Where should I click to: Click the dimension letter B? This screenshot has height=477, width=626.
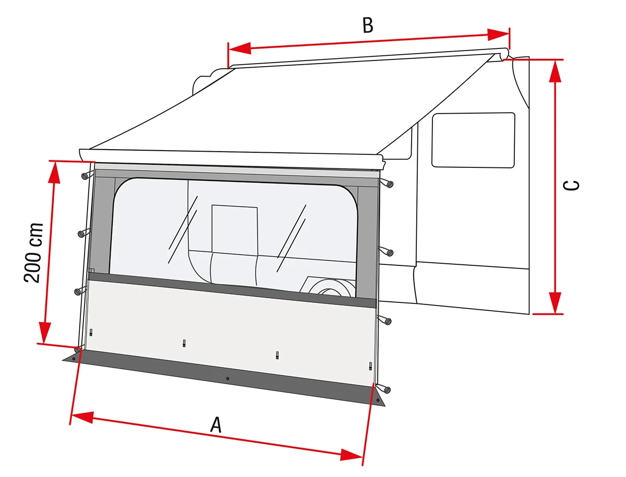pyautogui.click(x=368, y=25)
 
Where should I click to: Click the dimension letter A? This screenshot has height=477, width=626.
pyautogui.click(x=216, y=424)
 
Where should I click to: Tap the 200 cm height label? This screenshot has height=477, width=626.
pyautogui.click(x=33, y=252)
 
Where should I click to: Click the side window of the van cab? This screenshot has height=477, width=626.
pyautogui.click(x=473, y=140)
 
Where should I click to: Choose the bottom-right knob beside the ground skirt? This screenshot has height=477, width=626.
pyautogui.click(x=386, y=388)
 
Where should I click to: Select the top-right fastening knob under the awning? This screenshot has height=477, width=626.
pyautogui.click(x=388, y=183)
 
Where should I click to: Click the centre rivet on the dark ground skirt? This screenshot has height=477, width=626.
pyautogui.click(x=227, y=378)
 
